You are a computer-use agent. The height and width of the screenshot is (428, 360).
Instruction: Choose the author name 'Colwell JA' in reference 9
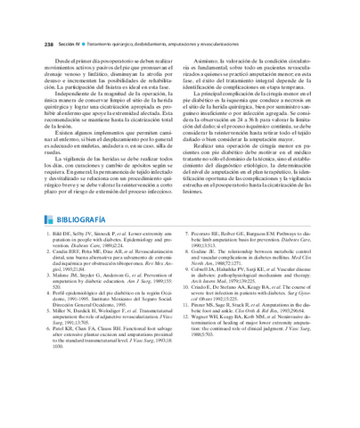click(x=211, y=272)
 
